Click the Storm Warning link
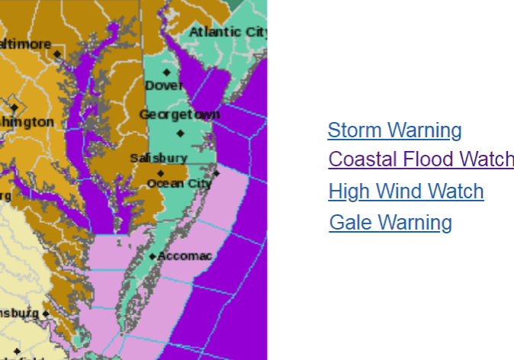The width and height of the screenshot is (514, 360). point(394,130)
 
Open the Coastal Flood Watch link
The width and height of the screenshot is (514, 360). point(420,159)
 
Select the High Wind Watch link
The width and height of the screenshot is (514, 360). point(406,191)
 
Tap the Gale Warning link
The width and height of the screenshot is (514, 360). point(390,223)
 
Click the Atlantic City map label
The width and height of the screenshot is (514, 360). point(227,32)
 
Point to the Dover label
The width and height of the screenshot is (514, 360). point(165,85)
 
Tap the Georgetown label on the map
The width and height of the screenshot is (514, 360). point(179,114)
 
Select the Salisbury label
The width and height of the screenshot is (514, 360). point(158,158)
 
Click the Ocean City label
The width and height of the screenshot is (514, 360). point(179,183)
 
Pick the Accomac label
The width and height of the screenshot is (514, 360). point(185,256)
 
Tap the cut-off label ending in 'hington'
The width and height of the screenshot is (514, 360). point(27,122)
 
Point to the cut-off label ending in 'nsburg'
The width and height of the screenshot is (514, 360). point(19,313)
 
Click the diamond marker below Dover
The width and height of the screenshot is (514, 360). point(166,72)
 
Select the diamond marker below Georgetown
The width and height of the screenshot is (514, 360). point(180,133)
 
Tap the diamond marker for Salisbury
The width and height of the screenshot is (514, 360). point(160,172)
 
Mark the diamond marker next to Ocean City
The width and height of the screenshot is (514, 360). point(217,173)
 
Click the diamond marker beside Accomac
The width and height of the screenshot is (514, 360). point(153,257)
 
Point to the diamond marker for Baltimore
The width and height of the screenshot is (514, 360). point(56,53)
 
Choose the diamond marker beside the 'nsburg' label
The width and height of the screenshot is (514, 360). point(46,313)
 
